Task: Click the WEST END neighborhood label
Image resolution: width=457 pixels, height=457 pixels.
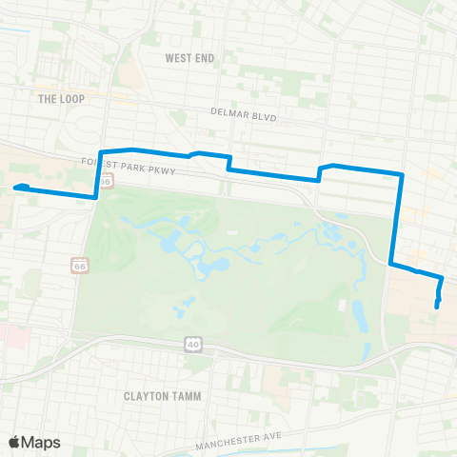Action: click(x=189, y=58)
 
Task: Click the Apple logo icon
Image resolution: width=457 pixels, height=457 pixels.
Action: click(x=14, y=442)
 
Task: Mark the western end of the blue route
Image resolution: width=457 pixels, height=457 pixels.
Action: click(x=16, y=188)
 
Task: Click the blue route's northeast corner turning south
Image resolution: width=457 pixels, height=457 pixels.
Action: click(x=403, y=174)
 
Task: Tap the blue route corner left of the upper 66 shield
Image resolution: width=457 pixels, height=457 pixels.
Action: click(x=95, y=196)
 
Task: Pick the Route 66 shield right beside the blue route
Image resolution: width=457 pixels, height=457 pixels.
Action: click(x=107, y=179)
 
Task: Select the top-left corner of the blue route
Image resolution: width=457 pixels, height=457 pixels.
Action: click(x=101, y=151)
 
